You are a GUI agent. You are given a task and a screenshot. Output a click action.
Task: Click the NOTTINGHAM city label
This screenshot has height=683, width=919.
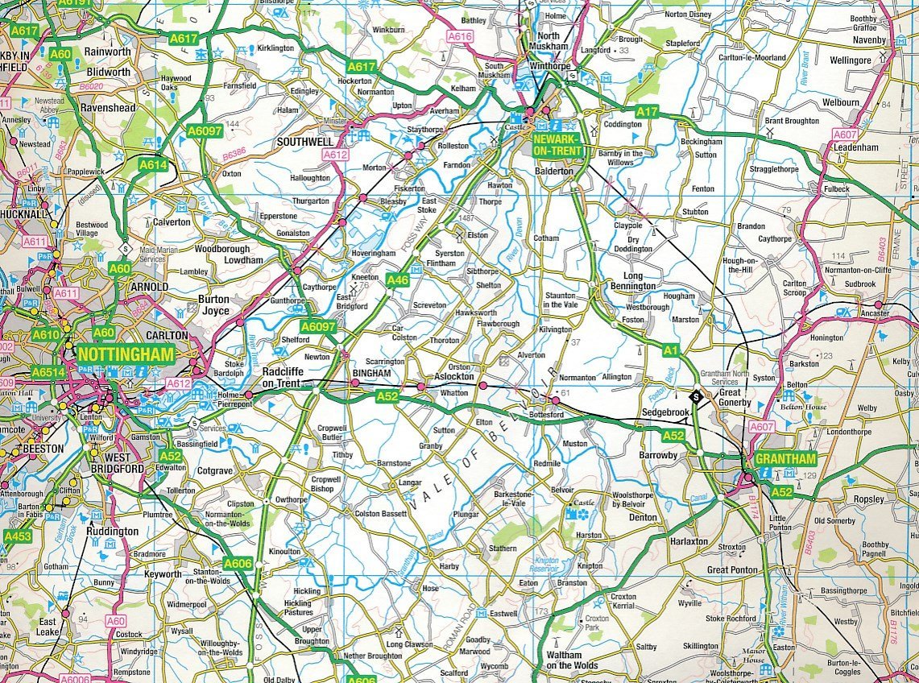click(x=126, y=354)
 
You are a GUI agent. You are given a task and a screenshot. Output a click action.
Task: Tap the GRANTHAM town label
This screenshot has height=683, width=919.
click(x=786, y=459)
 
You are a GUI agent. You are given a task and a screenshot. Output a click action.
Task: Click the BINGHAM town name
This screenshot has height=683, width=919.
click(x=371, y=375)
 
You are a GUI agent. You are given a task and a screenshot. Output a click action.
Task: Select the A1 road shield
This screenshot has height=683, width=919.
click(x=671, y=350)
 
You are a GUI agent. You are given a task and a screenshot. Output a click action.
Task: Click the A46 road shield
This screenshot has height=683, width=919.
click(x=398, y=280)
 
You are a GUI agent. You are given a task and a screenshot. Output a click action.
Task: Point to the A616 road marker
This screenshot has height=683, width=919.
click(x=460, y=37)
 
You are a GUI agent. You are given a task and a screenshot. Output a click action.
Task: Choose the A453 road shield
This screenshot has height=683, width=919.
click(x=18, y=536)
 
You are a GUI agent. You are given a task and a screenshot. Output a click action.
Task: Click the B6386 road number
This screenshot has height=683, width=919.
click(x=234, y=151)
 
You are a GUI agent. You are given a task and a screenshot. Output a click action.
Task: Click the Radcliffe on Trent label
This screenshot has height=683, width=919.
click(x=281, y=378)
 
